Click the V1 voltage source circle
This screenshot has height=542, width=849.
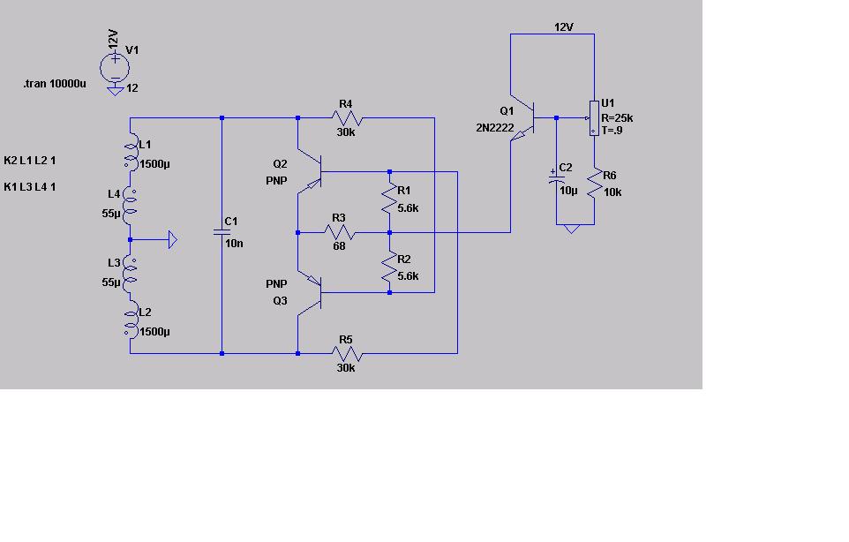click(x=115, y=68)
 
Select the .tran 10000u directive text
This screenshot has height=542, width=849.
click(x=54, y=84)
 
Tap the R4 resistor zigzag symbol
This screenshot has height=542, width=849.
click(x=347, y=117)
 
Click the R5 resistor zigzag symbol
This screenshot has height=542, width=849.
click(x=347, y=354)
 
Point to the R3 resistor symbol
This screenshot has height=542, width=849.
click(x=340, y=233)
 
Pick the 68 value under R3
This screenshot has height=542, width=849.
click(x=340, y=246)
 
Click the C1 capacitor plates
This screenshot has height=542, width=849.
click(x=222, y=232)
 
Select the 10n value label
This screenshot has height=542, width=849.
click(x=234, y=244)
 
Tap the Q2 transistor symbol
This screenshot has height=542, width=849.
click(x=311, y=171)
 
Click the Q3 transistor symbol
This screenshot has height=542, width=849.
click(x=311, y=292)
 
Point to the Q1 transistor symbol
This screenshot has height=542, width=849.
click(x=522, y=117)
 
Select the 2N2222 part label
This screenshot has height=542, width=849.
click(x=495, y=128)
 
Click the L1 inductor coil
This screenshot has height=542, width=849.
click(x=131, y=155)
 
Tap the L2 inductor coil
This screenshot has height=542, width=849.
click(x=131, y=324)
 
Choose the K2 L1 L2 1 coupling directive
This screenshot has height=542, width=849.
click(x=30, y=161)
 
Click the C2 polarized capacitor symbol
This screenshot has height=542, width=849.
click(x=556, y=178)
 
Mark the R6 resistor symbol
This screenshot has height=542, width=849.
click(x=595, y=183)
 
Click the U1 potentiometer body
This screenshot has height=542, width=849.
click(x=594, y=117)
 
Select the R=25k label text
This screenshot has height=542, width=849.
click(x=617, y=118)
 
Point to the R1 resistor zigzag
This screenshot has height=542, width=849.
click(x=389, y=198)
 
